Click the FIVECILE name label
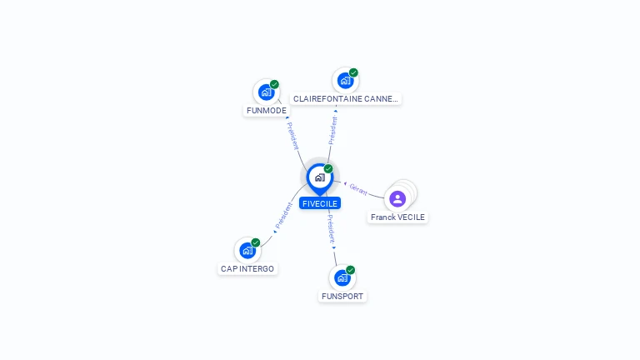[x=320, y=203]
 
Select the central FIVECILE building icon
[x=319, y=177]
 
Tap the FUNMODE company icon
[x=266, y=92]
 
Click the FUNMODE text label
[x=267, y=110]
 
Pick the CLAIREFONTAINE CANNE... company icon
[x=345, y=81]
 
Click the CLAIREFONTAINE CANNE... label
[x=346, y=98]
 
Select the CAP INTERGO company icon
[x=247, y=250]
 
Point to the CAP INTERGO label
[x=247, y=268]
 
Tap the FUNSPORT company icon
[x=342, y=277]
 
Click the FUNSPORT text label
[x=342, y=296]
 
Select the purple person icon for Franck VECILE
[x=397, y=198]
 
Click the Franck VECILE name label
[x=397, y=217]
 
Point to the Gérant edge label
[x=358, y=188]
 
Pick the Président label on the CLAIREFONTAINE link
[x=333, y=130]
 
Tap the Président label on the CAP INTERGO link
[x=284, y=216]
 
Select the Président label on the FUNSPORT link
[x=330, y=227]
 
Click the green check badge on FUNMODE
[x=274, y=84]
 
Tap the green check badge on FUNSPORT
[x=351, y=270]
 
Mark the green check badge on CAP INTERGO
[x=256, y=242]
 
